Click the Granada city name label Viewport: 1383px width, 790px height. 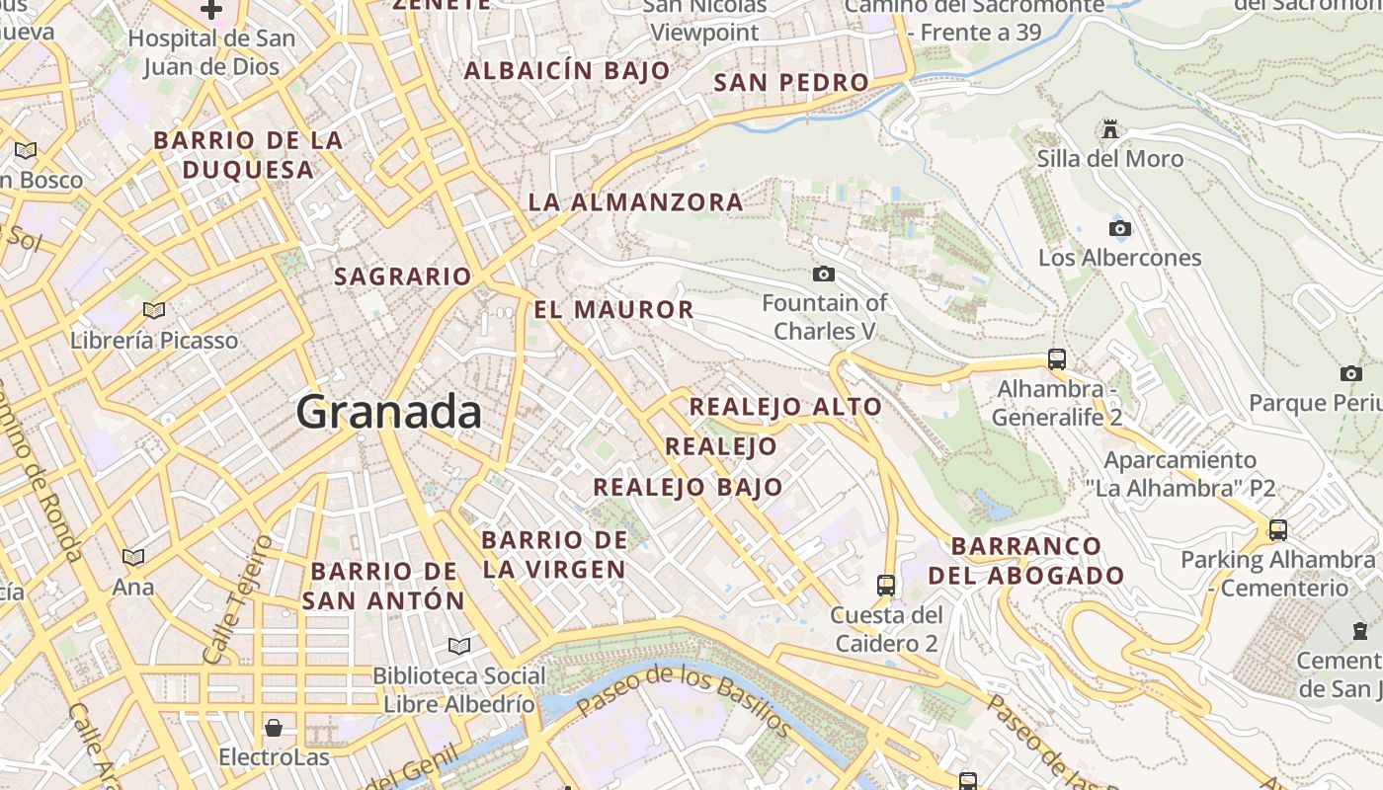coord(389,411)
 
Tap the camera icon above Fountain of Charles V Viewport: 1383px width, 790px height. coord(823,274)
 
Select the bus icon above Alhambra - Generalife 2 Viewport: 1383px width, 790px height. coord(1056,358)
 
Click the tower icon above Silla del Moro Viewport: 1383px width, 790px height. coord(1110,129)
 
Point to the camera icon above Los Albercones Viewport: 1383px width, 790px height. coord(1119,229)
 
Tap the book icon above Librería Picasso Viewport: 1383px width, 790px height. coord(154,311)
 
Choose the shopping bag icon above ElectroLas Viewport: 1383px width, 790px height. coord(273,728)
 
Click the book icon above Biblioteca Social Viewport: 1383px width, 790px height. coord(458,646)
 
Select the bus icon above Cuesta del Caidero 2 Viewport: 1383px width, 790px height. coord(886,585)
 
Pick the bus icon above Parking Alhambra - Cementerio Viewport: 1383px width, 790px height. coord(1277,530)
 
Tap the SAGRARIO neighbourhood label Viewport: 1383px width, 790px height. coord(403,276)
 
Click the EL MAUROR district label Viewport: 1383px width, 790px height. coord(613,310)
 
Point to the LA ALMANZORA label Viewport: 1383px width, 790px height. coord(635,202)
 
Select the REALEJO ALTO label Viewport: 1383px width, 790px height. coord(785,407)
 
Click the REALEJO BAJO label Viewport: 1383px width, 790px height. coord(688,487)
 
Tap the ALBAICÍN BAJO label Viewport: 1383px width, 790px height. coord(567,71)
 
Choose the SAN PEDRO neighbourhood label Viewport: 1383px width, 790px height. coord(791,83)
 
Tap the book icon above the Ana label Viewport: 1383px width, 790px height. coord(132,557)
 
